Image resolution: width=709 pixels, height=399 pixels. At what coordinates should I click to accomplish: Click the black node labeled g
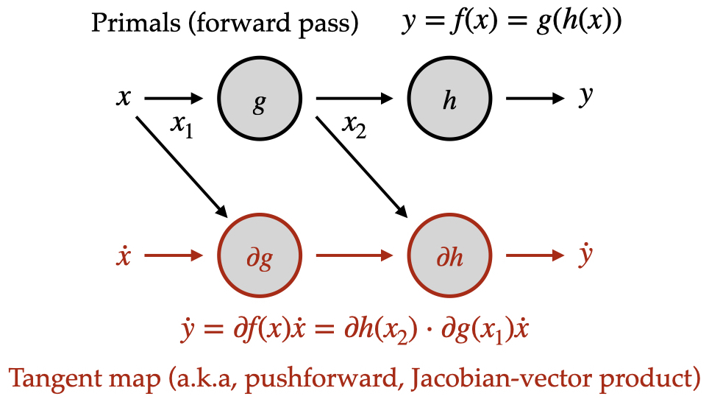point(260,99)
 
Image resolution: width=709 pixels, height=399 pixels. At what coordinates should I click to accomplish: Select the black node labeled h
point(449,99)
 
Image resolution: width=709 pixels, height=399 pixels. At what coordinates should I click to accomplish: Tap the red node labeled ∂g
point(260,257)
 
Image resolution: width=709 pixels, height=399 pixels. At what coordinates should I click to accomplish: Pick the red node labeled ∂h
point(449,257)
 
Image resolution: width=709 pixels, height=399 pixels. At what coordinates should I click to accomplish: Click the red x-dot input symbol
point(124,256)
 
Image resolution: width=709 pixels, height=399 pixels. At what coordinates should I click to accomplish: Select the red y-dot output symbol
point(585,255)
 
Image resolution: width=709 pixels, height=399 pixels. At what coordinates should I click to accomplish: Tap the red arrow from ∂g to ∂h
point(354,256)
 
